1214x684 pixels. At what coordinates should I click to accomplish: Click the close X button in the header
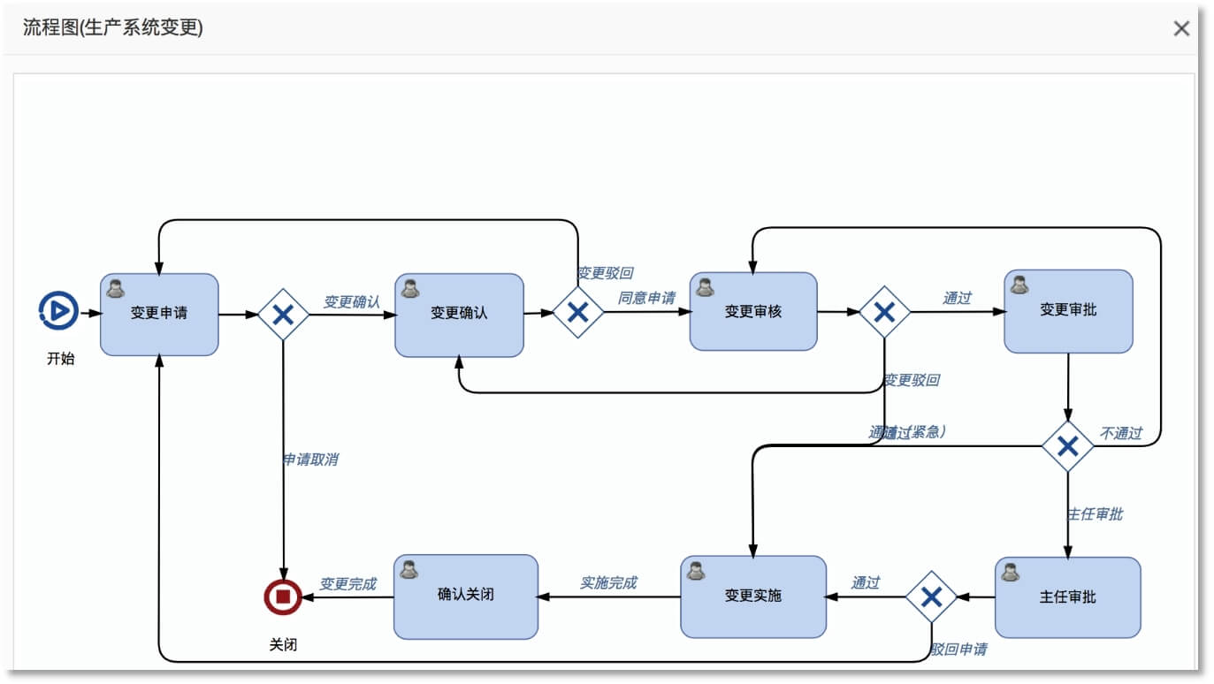point(1181,28)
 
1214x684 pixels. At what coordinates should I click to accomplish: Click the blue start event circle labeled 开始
point(59,311)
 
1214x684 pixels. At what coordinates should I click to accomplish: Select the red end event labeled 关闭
point(283,597)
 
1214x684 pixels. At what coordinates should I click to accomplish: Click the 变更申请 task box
point(159,314)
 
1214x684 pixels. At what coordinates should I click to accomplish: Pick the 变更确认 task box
point(459,315)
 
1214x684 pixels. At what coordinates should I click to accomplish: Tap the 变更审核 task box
point(753,311)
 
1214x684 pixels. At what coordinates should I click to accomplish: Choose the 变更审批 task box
point(1068,311)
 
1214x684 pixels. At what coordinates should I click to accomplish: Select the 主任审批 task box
point(1067,597)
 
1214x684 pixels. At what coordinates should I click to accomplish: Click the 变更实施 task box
point(753,597)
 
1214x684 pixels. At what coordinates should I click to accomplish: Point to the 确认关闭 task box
point(466,596)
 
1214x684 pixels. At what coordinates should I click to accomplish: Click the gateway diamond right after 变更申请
point(283,314)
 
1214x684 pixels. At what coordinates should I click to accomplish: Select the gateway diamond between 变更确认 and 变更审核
point(577,312)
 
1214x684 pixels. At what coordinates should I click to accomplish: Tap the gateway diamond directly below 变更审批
point(1067,446)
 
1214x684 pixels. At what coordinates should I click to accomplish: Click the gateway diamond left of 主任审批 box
point(931,597)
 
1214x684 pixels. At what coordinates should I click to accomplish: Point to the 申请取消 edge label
point(309,460)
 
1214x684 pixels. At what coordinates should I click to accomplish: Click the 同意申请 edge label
point(646,298)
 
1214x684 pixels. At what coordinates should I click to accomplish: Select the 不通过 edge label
point(1120,433)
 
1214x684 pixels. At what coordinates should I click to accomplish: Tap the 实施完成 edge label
point(608,582)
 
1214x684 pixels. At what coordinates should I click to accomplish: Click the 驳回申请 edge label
point(958,650)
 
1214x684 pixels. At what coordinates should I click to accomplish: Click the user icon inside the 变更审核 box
point(705,287)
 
